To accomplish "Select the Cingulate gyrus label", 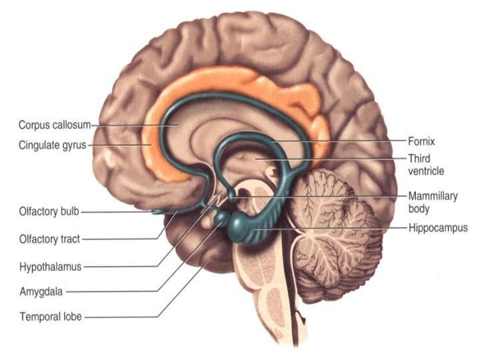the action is [x=53, y=144].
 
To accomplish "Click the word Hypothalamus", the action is [x=50, y=267].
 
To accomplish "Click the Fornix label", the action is [x=421, y=141].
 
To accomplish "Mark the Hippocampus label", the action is [x=438, y=228].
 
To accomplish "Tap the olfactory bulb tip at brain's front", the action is [x=157, y=213].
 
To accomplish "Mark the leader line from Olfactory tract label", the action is [x=127, y=238].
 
